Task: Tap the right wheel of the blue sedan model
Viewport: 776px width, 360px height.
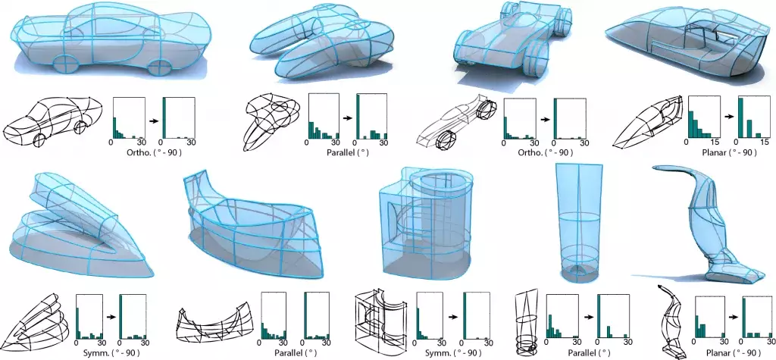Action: click(158, 67)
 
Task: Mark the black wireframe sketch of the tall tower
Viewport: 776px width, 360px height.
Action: click(527, 322)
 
